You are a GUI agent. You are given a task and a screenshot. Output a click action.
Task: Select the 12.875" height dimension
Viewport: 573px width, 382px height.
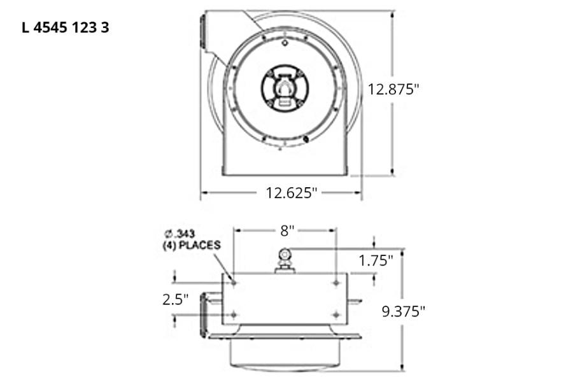(x=393, y=89)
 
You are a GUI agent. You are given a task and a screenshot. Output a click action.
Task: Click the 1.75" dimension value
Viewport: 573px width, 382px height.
(x=376, y=260)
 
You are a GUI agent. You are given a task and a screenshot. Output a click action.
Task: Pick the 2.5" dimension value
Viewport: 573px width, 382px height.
(x=175, y=300)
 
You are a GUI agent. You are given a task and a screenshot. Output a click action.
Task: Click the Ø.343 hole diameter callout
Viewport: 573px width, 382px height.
(x=180, y=234)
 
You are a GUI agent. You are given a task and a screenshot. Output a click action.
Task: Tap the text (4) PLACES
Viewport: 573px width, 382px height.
(x=191, y=245)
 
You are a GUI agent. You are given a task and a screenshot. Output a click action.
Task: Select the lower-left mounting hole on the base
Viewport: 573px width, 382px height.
(x=234, y=314)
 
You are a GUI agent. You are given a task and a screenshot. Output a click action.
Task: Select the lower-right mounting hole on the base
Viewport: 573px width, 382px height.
(x=336, y=314)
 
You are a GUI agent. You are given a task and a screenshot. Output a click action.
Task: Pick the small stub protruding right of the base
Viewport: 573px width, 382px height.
(x=354, y=301)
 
